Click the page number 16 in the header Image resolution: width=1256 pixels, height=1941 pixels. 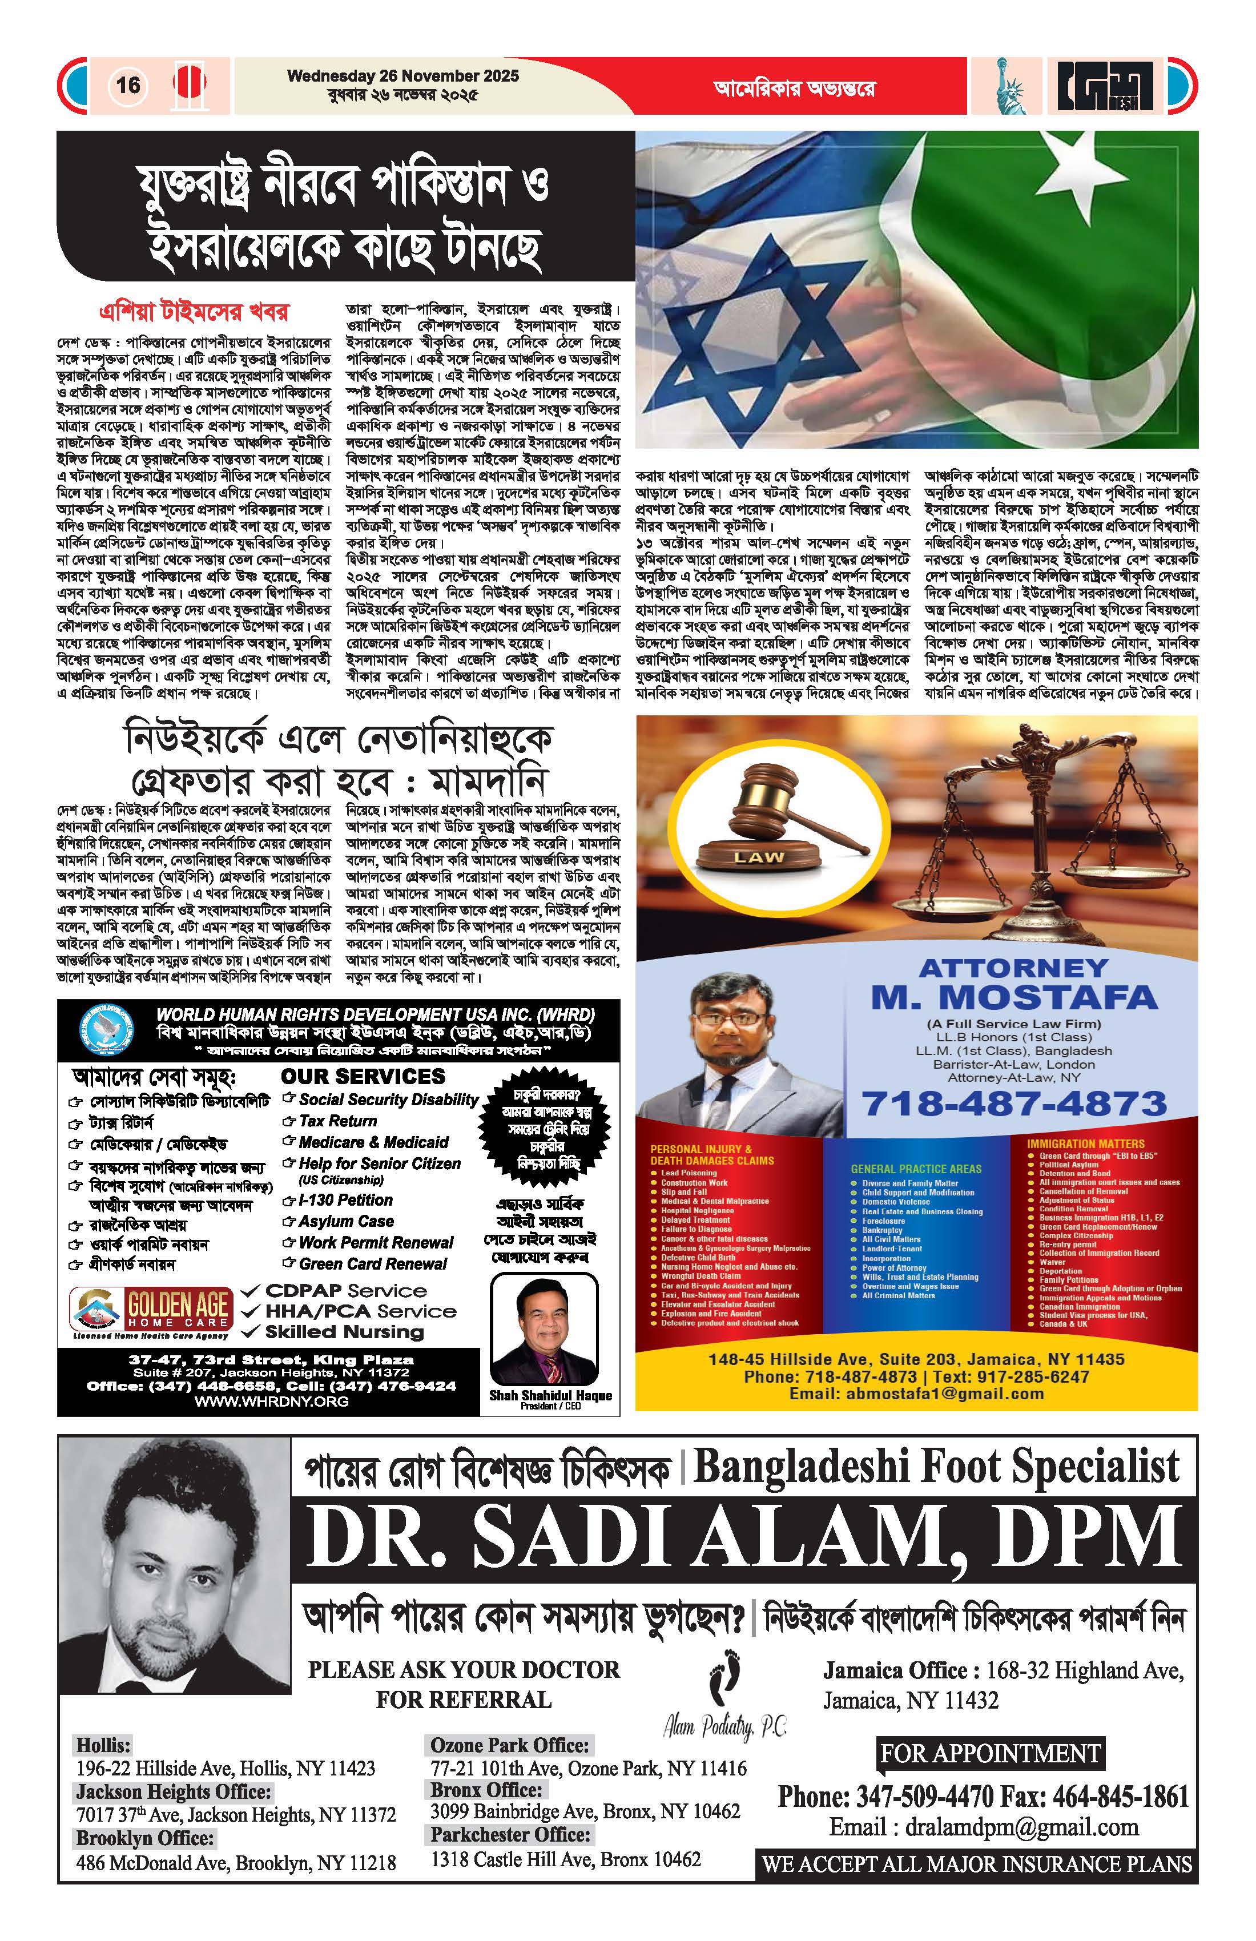(128, 85)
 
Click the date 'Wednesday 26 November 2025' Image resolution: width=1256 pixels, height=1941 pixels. (403, 76)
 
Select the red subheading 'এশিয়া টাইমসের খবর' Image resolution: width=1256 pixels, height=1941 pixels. (194, 312)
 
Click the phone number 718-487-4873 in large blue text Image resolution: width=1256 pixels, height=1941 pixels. (1015, 1104)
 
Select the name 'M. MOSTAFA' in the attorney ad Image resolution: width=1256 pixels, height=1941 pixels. (1014, 997)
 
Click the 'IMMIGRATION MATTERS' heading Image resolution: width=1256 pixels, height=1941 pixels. (1085, 1143)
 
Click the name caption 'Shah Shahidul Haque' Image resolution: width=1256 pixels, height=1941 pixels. (550, 1395)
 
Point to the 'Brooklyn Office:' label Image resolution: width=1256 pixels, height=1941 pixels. (145, 1838)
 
